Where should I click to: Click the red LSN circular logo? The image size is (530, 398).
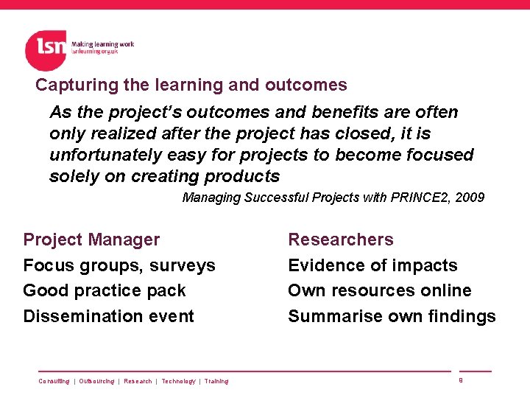(x=46, y=50)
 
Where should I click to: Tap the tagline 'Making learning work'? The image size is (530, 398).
(x=102, y=44)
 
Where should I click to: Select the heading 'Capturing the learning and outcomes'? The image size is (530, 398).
(x=191, y=85)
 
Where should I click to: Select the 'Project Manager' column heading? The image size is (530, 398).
(x=91, y=240)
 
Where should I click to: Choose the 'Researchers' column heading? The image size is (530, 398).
(x=341, y=240)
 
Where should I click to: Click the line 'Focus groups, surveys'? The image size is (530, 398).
(x=119, y=265)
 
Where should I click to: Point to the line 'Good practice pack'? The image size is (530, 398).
(x=105, y=291)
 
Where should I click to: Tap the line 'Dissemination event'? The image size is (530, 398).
(x=109, y=317)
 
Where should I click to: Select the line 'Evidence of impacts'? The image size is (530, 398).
(x=372, y=265)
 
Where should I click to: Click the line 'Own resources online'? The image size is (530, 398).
(x=380, y=291)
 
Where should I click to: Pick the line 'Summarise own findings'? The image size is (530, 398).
(x=392, y=317)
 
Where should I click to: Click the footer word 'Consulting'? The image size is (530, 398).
(x=54, y=382)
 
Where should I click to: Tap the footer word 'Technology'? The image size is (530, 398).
(x=178, y=382)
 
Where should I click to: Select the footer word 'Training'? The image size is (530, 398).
(x=216, y=382)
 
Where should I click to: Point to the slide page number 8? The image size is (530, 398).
(x=460, y=380)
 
